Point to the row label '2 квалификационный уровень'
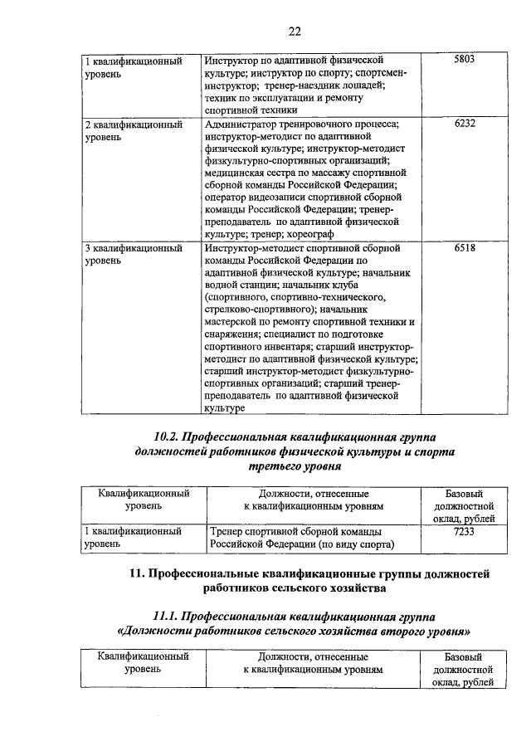coord(133,130)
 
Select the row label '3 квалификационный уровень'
coord(133,255)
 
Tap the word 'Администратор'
coord(241,124)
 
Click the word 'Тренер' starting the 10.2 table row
coord(227,532)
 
